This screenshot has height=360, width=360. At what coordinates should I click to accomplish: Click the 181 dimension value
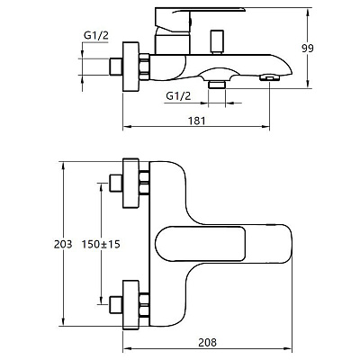(197, 121)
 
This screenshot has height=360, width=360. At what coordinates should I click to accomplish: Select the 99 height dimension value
(308, 48)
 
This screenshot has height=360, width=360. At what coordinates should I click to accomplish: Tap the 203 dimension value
(63, 244)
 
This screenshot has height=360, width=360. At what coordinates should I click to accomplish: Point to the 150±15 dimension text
(101, 244)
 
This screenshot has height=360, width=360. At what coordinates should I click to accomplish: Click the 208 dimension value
(207, 342)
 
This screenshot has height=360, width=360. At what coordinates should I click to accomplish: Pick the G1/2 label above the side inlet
(96, 36)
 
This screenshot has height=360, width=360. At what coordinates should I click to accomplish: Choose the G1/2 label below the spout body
(178, 96)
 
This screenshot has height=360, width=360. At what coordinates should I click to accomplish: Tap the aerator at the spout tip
(269, 78)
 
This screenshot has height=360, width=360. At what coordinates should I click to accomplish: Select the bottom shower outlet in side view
(217, 85)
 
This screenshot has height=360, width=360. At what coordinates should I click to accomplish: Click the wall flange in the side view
(131, 67)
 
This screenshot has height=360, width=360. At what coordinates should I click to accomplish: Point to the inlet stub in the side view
(116, 67)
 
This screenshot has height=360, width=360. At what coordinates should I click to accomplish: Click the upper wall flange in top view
(131, 183)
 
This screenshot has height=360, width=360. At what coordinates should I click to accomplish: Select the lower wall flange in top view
(131, 305)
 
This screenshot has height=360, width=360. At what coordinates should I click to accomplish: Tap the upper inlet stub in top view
(116, 183)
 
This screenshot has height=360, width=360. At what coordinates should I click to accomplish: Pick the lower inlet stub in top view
(116, 305)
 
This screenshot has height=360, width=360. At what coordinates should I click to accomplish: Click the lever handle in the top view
(201, 244)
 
